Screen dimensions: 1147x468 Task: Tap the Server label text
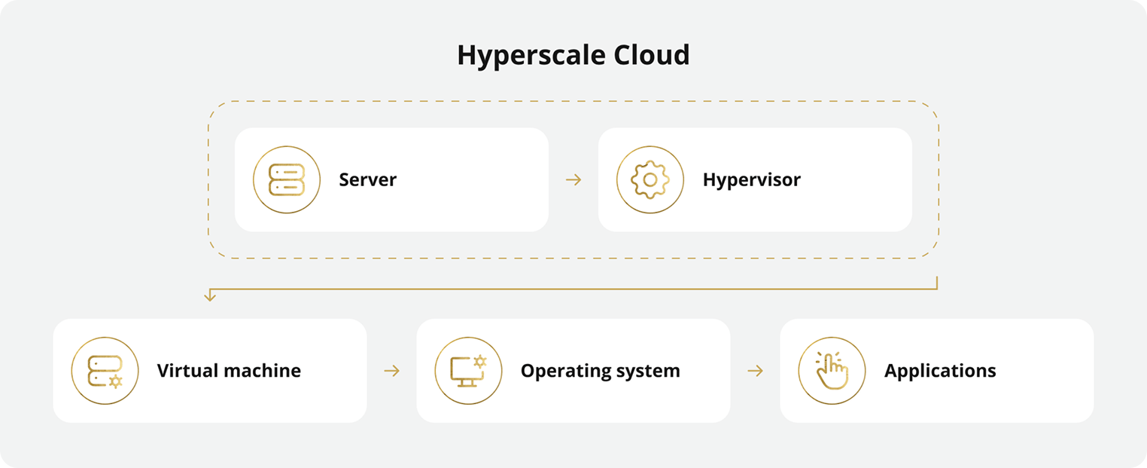(x=367, y=180)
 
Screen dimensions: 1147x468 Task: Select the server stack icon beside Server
(x=287, y=180)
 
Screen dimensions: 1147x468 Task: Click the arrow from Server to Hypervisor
(x=573, y=180)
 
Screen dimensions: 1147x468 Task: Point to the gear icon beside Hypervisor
(x=650, y=180)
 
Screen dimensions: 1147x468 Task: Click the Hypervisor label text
(x=751, y=180)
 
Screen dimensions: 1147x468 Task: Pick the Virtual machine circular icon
(x=105, y=371)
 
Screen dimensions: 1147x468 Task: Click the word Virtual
(x=184, y=371)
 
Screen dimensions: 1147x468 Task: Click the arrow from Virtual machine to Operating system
(x=391, y=371)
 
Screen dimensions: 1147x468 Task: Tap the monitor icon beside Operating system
(x=468, y=371)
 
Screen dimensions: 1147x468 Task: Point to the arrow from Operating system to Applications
(x=755, y=371)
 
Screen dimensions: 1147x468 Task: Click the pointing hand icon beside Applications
(x=832, y=371)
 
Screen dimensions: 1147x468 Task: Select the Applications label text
(x=940, y=371)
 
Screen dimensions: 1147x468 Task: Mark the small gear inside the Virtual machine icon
(x=115, y=381)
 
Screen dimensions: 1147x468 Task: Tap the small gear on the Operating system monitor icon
(x=479, y=362)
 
